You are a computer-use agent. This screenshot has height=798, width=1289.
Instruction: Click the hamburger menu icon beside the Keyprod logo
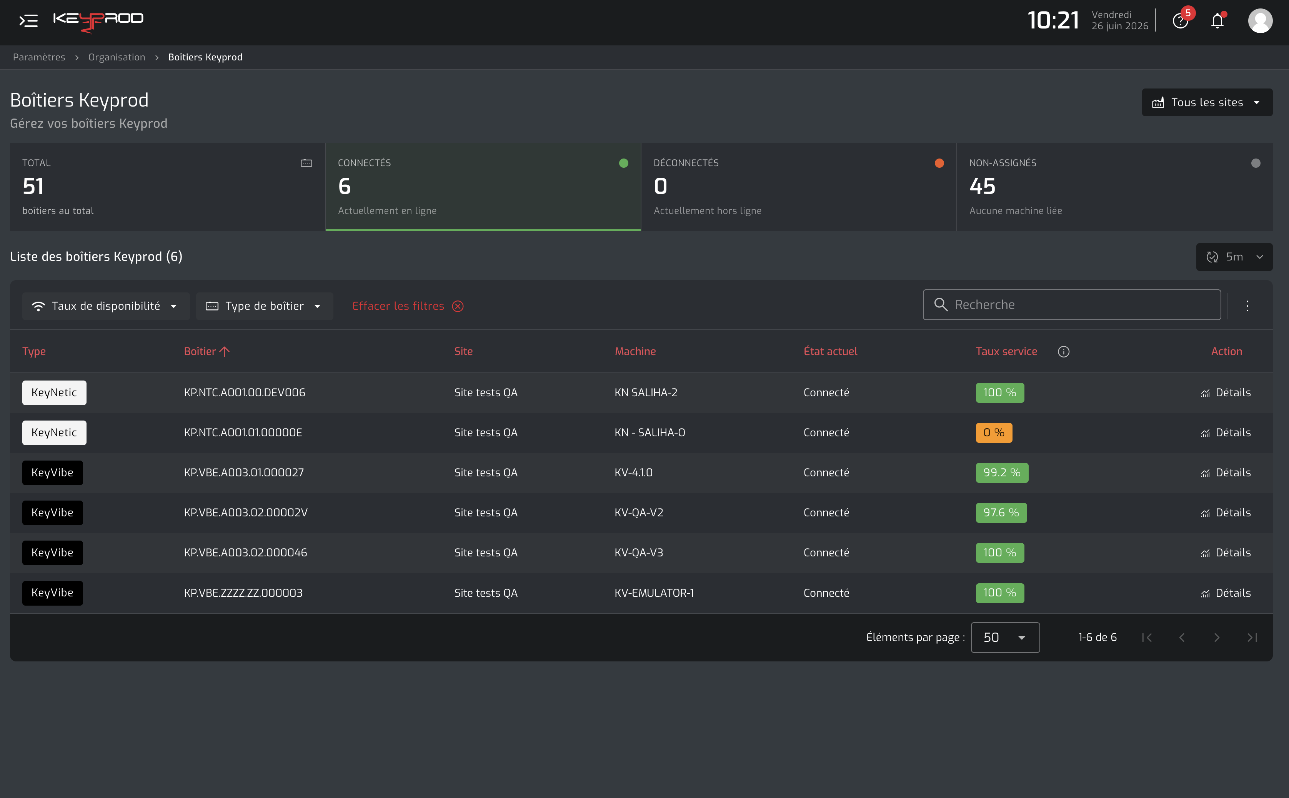[28, 20]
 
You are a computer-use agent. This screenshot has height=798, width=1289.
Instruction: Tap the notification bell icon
[1217, 21]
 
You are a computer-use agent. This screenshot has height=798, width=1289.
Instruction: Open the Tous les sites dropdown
[1207, 102]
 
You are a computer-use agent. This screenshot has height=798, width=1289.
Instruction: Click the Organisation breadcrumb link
[117, 57]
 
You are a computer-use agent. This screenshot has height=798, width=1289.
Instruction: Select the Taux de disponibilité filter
[105, 306]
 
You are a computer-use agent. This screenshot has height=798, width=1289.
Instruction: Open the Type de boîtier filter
[264, 306]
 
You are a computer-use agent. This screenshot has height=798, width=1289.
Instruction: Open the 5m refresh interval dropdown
[1234, 257]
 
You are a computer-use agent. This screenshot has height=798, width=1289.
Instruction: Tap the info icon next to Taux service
[1063, 352]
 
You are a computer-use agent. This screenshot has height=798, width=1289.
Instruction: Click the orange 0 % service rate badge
[994, 433]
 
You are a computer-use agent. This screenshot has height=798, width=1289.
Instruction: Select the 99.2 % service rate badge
[1002, 473]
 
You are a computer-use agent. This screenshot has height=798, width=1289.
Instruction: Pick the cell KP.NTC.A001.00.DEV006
[244, 393]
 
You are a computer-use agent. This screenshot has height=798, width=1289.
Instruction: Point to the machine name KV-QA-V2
[639, 513]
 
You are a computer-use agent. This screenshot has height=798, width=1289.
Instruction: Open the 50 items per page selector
[1005, 638]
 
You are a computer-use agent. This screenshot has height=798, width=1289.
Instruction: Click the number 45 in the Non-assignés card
[982, 186]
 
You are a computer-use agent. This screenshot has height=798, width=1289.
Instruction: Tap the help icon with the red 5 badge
[1180, 21]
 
